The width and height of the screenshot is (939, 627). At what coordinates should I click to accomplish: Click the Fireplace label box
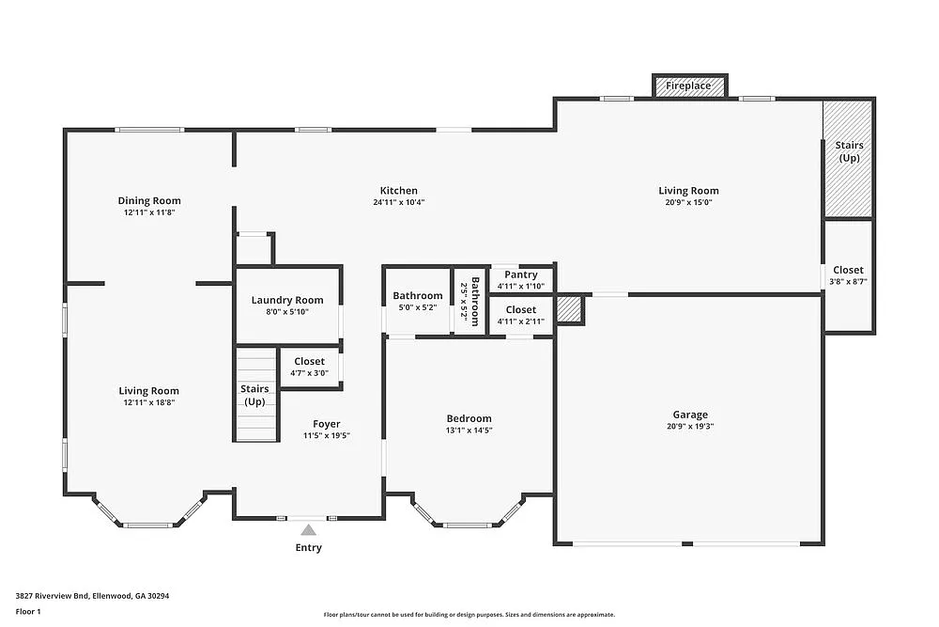[x=688, y=86]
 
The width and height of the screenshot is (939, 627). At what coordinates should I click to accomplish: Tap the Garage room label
[x=690, y=415]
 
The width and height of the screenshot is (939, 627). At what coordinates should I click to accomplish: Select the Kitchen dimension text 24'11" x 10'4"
[x=399, y=202]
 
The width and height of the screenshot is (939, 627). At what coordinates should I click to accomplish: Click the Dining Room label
[x=149, y=200]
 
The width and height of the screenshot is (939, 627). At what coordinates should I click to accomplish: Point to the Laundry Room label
[x=287, y=301]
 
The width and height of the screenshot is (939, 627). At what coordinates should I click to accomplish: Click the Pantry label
[x=521, y=274]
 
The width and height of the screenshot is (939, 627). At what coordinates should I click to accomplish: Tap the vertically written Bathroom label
[x=475, y=301]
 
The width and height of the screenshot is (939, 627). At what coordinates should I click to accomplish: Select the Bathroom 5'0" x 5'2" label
[x=418, y=301]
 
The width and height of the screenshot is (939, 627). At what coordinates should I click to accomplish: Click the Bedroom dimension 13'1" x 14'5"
[x=469, y=431]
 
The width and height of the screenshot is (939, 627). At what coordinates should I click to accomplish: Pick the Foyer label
[x=327, y=424]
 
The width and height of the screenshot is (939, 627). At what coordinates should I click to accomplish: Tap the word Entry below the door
[x=309, y=548]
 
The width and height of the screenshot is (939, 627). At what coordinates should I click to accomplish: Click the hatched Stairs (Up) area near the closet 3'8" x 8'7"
[x=848, y=158]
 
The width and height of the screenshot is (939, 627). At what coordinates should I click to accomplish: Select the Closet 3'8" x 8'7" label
[x=848, y=275]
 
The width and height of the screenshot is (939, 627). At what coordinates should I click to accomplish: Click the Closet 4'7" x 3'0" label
[x=309, y=367]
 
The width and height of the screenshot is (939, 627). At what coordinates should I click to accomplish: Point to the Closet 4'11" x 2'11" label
[x=521, y=315]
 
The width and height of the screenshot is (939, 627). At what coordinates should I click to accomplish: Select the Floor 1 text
[x=28, y=611]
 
